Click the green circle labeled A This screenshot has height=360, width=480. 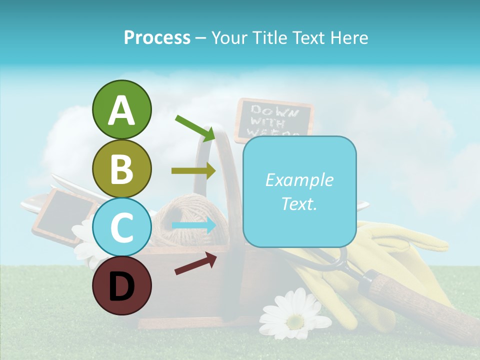pyautogui.click(x=121, y=109)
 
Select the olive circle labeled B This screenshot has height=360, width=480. pyautogui.click(x=121, y=168)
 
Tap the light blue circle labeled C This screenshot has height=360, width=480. pyautogui.click(x=121, y=227)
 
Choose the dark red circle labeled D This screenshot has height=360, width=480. pyautogui.click(x=121, y=285)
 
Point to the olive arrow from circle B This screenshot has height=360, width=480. pyautogui.click(x=193, y=170)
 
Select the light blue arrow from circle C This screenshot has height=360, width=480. pyautogui.click(x=193, y=225)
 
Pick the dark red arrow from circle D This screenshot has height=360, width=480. pyautogui.click(x=195, y=263)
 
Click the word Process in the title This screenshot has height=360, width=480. pyautogui.click(x=157, y=37)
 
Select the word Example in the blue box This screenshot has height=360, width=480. pyautogui.click(x=299, y=180)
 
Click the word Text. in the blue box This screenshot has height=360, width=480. pyautogui.click(x=299, y=203)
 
